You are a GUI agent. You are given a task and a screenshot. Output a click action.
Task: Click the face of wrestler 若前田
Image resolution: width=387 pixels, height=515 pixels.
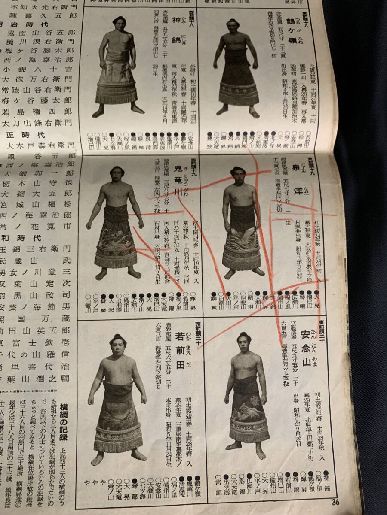point(118,344)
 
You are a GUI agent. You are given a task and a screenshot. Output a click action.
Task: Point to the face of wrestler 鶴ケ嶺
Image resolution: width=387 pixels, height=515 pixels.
point(233,27)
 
